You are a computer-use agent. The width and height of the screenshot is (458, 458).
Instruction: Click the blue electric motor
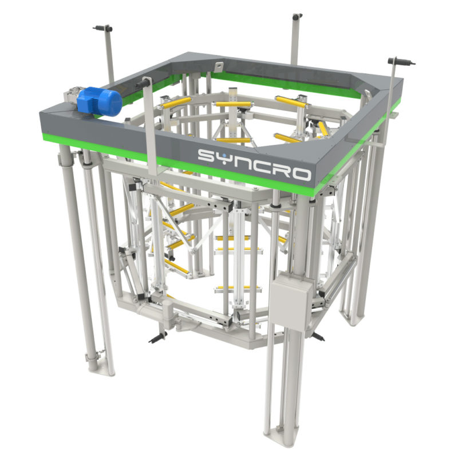point(100,101)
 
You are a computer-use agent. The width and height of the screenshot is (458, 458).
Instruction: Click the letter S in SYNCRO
point(207,156)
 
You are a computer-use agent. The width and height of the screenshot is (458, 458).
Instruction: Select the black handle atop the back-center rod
point(297,17)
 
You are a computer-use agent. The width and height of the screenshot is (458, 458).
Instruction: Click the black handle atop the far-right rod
point(400,61)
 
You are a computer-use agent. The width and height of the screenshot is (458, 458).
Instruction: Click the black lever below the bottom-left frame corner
point(158,337)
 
